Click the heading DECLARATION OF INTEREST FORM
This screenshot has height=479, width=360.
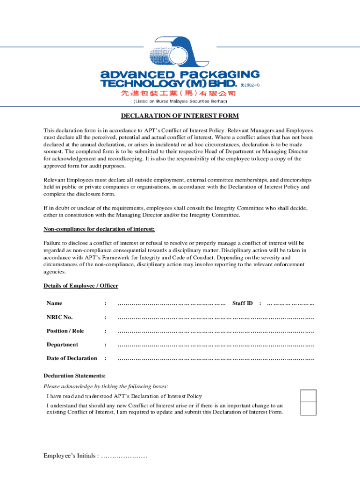(x=180, y=116)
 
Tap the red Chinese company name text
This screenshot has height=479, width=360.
(x=178, y=93)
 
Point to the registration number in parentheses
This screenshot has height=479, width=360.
(x=250, y=85)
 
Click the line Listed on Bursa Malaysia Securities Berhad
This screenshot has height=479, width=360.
(x=180, y=101)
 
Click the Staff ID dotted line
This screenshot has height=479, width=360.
(x=290, y=304)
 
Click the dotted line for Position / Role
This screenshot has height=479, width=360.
(x=216, y=331)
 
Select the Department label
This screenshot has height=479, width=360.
(x=62, y=345)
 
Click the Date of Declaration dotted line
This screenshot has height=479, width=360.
(x=216, y=359)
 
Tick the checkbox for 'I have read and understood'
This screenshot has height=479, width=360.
(x=308, y=396)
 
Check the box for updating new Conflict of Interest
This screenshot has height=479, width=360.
(x=308, y=409)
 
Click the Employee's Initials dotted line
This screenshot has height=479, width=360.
(x=124, y=456)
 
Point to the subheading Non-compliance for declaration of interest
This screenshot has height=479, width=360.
(x=99, y=229)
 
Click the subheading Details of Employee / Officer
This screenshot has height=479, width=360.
(x=81, y=286)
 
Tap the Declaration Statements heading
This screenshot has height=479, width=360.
(x=74, y=376)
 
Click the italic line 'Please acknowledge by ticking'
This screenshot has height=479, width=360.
(x=106, y=386)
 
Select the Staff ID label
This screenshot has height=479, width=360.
(x=242, y=304)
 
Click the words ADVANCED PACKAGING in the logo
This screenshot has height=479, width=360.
(x=180, y=75)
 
